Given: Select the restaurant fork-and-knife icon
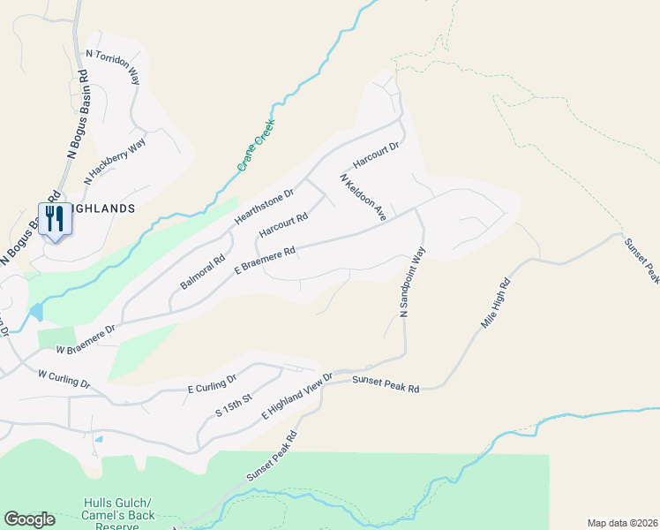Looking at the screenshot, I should pyautogui.click(x=55, y=218).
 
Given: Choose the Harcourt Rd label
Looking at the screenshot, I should pyautogui.click(x=283, y=225).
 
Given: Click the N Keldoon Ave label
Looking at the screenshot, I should pyautogui.click(x=364, y=196).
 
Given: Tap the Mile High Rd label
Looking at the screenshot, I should pyautogui.click(x=496, y=305).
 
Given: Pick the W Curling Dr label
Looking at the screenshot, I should pyautogui.click(x=64, y=379).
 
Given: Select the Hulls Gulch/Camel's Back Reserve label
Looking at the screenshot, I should pyautogui.click(x=120, y=515).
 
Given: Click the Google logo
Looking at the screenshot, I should pyautogui.click(x=29, y=519).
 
